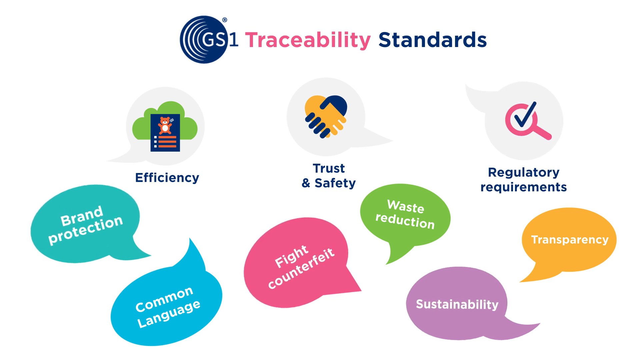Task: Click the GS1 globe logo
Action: tap(204, 40)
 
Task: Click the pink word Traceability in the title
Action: tap(308, 40)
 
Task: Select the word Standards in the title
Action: tap(432, 40)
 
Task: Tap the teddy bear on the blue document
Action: tap(165, 125)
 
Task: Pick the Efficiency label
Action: tap(167, 178)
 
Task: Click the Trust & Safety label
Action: tap(329, 176)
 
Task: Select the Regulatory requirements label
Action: tap(523, 180)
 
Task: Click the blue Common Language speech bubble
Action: tap(167, 307)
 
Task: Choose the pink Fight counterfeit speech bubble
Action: tap(297, 263)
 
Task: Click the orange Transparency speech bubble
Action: tap(569, 240)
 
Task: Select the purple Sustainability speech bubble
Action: tap(457, 304)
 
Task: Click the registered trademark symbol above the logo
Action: tap(225, 20)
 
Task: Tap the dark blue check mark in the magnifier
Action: tap(525, 115)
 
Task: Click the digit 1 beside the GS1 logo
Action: tap(234, 40)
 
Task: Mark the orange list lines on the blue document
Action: tap(167, 141)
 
